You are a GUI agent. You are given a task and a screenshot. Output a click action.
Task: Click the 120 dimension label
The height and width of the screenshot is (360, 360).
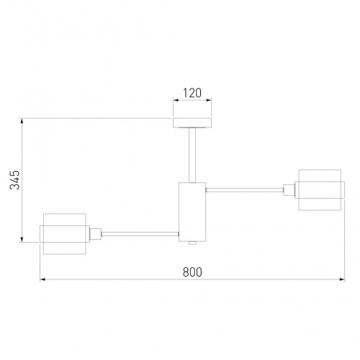pos(192,93)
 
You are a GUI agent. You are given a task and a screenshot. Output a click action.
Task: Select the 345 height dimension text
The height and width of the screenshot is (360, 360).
pos(15,180)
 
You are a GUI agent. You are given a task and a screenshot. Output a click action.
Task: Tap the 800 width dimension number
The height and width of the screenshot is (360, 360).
pos(192,272)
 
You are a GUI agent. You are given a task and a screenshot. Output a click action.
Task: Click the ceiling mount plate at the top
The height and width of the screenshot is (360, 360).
pos(192,122)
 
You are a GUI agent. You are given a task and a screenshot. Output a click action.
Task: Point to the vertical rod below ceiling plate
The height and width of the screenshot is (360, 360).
pos(192,155)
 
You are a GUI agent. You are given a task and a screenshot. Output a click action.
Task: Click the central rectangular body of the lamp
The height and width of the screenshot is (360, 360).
pos(192,212)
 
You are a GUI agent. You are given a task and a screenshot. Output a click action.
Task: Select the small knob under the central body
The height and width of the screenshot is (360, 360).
pos(192,243)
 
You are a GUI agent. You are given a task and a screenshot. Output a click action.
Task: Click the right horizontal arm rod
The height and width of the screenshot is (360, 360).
pos(245,190)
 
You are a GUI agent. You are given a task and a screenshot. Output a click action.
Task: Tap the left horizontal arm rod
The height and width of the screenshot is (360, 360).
pos(140,234)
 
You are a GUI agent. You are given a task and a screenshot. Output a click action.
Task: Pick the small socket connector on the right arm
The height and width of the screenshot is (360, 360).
pos(289,190)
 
